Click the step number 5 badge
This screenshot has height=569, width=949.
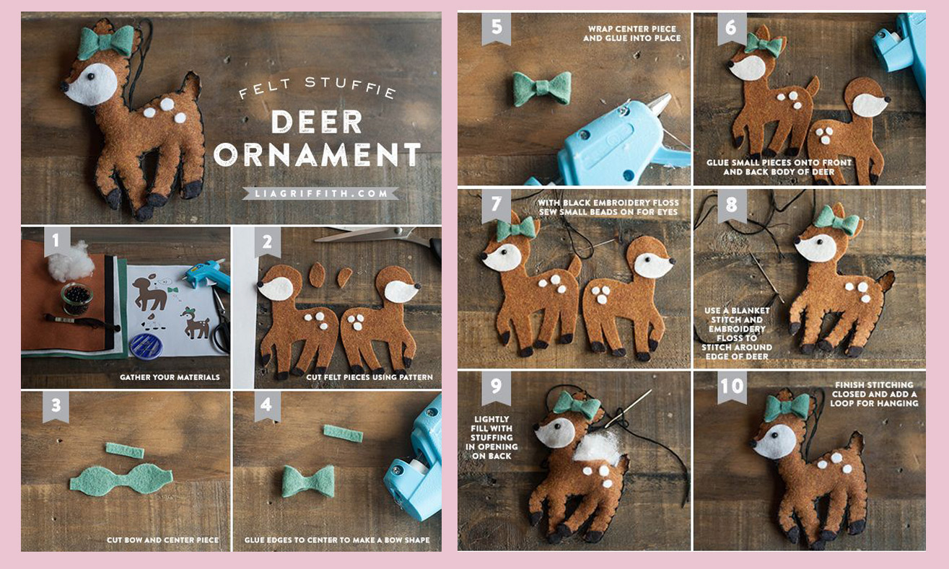[496, 28]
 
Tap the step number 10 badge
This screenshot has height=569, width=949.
[732, 387]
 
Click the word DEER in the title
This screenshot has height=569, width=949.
[317, 122]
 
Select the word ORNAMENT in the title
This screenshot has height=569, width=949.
[317, 154]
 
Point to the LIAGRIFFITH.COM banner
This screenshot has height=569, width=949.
[320, 193]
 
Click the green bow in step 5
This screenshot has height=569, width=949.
[542, 89]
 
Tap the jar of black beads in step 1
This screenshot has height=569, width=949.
[76, 299]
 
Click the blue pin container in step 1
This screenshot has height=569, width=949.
[146, 346]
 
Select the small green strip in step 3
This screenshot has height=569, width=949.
[125, 451]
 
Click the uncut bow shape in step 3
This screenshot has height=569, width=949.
[121, 480]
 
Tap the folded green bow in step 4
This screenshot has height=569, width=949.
[308, 481]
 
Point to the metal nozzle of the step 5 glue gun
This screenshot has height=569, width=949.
[657, 105]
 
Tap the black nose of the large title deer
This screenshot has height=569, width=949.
[64, 87]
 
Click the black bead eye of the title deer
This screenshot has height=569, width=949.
[91, 77]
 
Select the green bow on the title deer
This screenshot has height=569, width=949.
[106, 43]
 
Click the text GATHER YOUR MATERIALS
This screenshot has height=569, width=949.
[170, 377]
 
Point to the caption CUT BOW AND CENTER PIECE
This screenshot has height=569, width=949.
[162, 540]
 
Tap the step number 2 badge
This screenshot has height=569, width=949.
[267, 242]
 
